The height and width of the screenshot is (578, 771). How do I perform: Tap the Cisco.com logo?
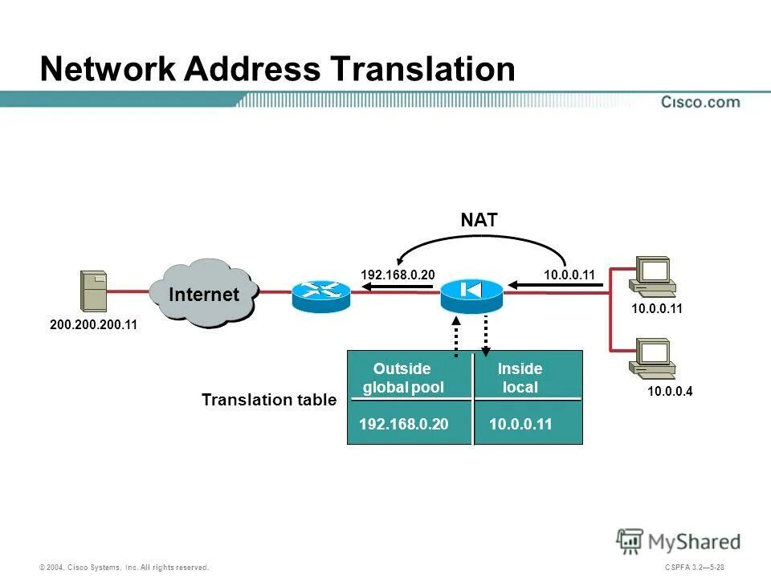(x=700, y=102)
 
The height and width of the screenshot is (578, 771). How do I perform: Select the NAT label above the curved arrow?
(x=479, y=220)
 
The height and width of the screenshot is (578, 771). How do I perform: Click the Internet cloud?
(x=203, y=295)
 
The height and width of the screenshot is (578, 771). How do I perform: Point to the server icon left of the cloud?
(x=94, y=291)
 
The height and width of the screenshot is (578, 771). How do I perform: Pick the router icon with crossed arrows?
(x=320, y=295)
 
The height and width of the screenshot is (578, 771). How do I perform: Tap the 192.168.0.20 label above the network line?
(x=398, y=275)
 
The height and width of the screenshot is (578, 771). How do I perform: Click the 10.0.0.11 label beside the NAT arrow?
(x=569, y=275)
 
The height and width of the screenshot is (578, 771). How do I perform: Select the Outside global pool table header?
(x=402, y=378)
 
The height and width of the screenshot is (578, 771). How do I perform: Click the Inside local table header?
(x=520, y=378)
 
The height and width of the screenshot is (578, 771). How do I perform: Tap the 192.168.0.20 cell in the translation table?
(x=403, y=425)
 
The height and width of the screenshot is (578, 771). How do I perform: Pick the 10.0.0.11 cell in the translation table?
(x=520, y=425)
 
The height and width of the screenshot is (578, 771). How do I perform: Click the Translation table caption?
(x=269, y=400)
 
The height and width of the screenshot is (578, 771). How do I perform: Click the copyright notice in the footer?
(x=124, y=568)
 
